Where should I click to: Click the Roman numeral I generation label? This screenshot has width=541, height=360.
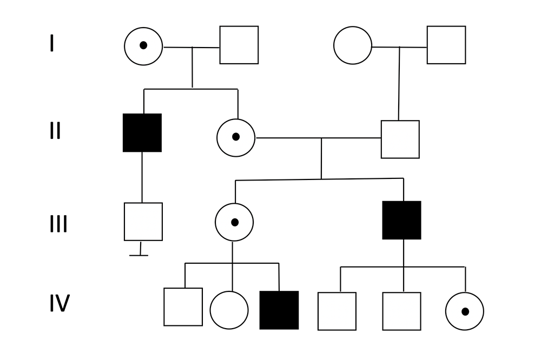52,43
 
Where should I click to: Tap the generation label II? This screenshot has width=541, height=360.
55,131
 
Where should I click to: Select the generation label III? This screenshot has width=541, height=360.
58,223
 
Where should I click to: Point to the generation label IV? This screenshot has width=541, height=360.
60,304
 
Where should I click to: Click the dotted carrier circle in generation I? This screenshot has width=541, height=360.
143,46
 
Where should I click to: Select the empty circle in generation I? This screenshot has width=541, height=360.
353,45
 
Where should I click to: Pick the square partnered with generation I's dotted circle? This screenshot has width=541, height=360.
239,45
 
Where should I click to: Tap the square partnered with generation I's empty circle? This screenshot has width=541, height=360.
446,45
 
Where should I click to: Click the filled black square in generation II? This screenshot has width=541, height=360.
142,132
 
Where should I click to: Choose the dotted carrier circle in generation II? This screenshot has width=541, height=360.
236,137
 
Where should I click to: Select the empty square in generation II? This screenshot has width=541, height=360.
400,139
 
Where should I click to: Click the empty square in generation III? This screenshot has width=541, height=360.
143,222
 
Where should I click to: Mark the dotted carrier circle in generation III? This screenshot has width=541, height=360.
234,222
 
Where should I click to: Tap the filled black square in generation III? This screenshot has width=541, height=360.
401,220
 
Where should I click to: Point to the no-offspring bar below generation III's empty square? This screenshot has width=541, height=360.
140,254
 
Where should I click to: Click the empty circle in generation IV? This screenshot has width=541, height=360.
229,310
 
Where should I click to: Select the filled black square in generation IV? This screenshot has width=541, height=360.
279,310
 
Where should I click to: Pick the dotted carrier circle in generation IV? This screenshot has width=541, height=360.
464,311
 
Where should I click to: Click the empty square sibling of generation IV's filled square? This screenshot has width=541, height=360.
183,307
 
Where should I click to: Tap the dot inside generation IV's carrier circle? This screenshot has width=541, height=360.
464,311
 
